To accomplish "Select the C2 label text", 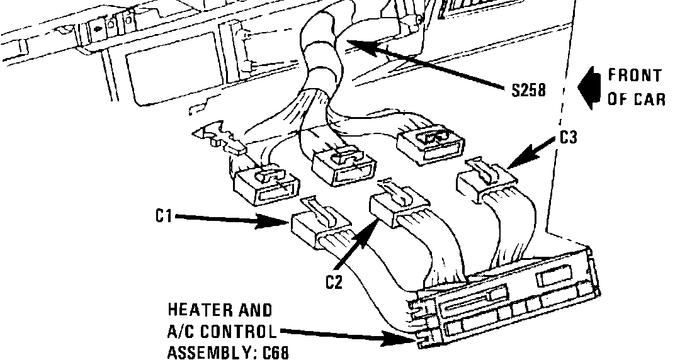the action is (x=334, y=282).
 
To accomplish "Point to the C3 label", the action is (x=568, y=138).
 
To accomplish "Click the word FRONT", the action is (x=635, y=76).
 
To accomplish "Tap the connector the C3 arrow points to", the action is (x=485, y=181).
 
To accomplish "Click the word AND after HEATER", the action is (x=256, y=310).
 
